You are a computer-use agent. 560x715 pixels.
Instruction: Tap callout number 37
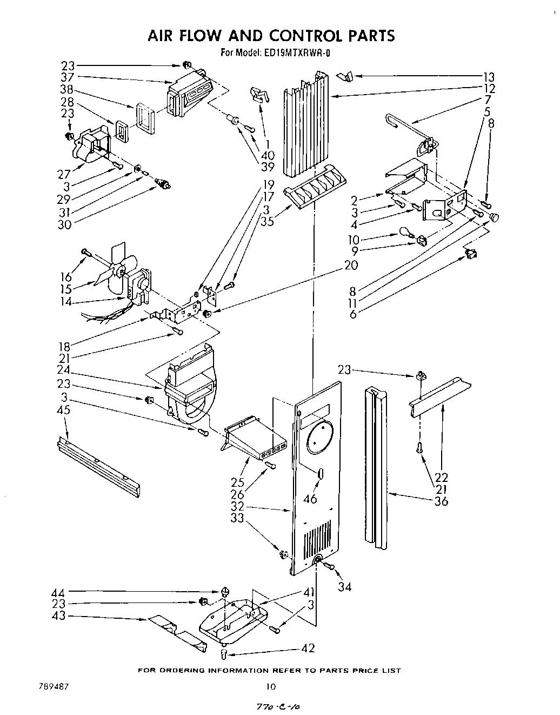pyautogui.click(x=67, y=77)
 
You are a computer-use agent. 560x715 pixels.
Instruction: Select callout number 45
pyautogui.click(x=63, y=410)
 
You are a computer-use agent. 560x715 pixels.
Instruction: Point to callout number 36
pyautogui.click(x=441, y=501)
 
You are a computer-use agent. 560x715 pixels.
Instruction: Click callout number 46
pyautogui.click(x=310, y=499)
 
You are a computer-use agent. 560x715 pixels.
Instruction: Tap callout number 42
pyautogui.click(x=308, y=648)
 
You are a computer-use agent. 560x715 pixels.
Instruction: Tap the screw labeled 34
pyautogui.click(x=328, y=565)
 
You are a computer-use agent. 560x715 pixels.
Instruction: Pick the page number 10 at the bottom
pyautogui.click(x=271, y=687)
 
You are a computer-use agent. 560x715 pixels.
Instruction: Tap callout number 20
pyautogui.click(x=351, y=264)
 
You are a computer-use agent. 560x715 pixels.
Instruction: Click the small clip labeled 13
pyautogui.click(x=345, y=77)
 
